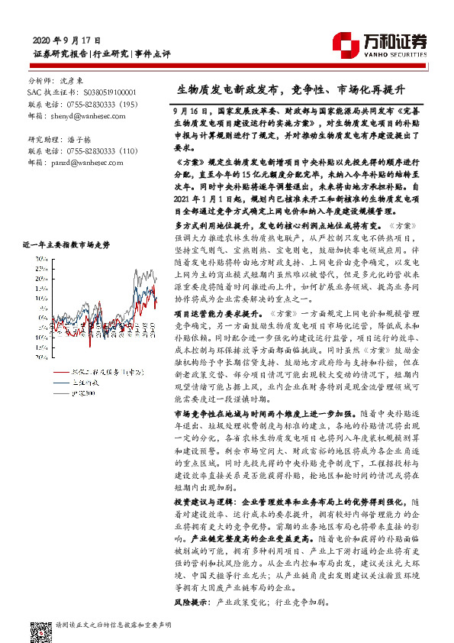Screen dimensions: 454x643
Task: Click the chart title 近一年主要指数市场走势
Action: tap(66, 244)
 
